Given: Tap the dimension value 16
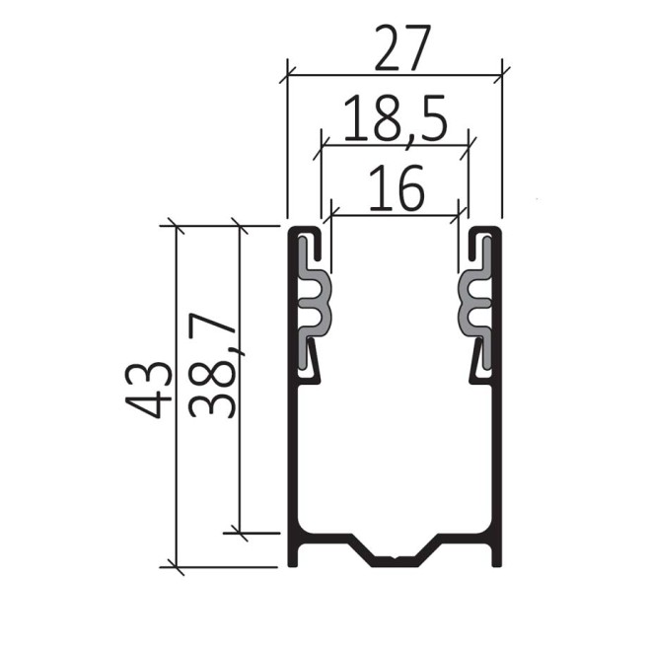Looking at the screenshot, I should (x=396, y=188).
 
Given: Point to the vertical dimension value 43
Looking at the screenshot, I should (x=148, y=390).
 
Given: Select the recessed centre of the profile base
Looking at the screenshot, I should (x=395, y=561).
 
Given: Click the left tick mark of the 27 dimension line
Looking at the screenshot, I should (x=287, y=73).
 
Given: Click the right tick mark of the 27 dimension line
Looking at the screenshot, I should (x=502, y=73).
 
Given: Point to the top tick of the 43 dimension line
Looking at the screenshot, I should (x=175, y=226).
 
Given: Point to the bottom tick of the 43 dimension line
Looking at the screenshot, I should (x=175, y=567).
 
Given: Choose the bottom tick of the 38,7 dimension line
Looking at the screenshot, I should (x=239, y=533).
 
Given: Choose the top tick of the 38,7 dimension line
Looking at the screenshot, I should (x=239, y=226).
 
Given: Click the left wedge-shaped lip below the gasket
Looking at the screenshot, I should (x=311, y=359).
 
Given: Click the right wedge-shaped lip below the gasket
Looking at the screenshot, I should (x=479, y=359).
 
